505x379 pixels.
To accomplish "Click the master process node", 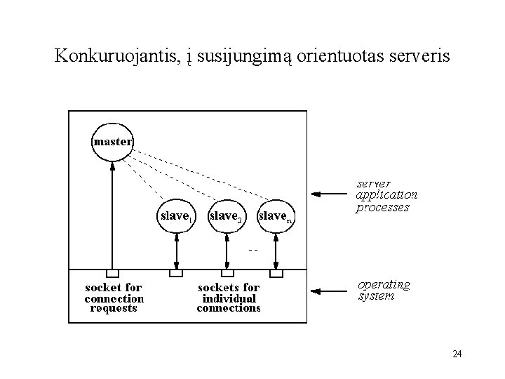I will (112, 142).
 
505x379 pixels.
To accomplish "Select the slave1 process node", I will (175, 216).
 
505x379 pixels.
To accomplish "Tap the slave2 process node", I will (227, 216).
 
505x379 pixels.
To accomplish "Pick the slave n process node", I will (275, 216).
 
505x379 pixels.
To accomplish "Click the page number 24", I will (457, 354).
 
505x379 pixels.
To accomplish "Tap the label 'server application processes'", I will (386, 195).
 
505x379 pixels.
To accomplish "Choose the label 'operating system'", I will (384, 290).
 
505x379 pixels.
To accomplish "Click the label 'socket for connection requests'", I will (113, 298).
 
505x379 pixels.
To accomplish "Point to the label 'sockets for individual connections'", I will (229, 298).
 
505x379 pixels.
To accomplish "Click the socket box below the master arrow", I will (112, 273).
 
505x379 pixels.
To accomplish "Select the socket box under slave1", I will (176, 273).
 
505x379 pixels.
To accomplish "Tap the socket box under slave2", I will (227, 273).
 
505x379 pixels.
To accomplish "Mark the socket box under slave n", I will (276, 273).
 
